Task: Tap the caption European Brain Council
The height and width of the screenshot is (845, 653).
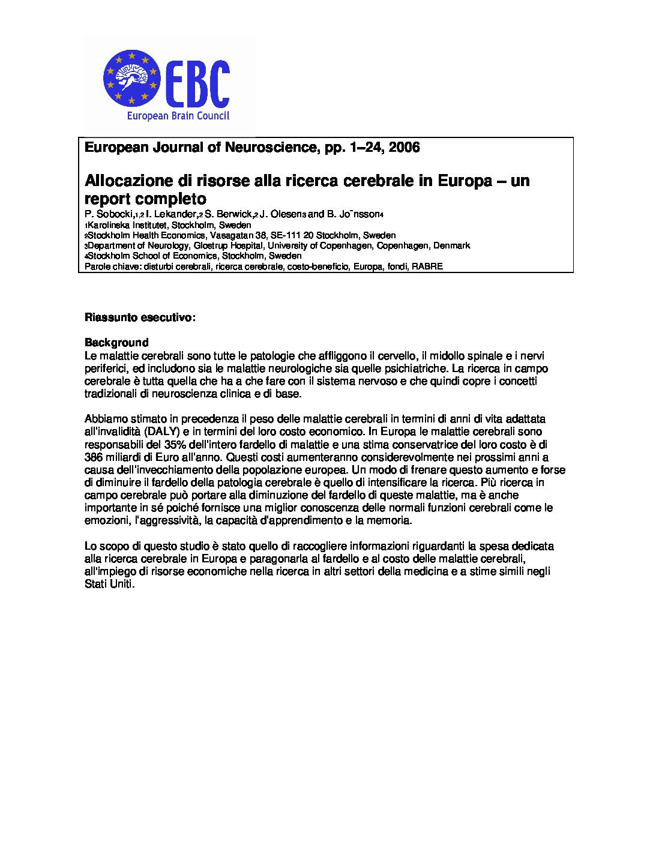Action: (178, 116)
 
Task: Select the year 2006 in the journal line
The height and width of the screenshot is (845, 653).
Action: (404, 148)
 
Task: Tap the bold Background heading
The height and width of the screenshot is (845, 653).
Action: (116, 343)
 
